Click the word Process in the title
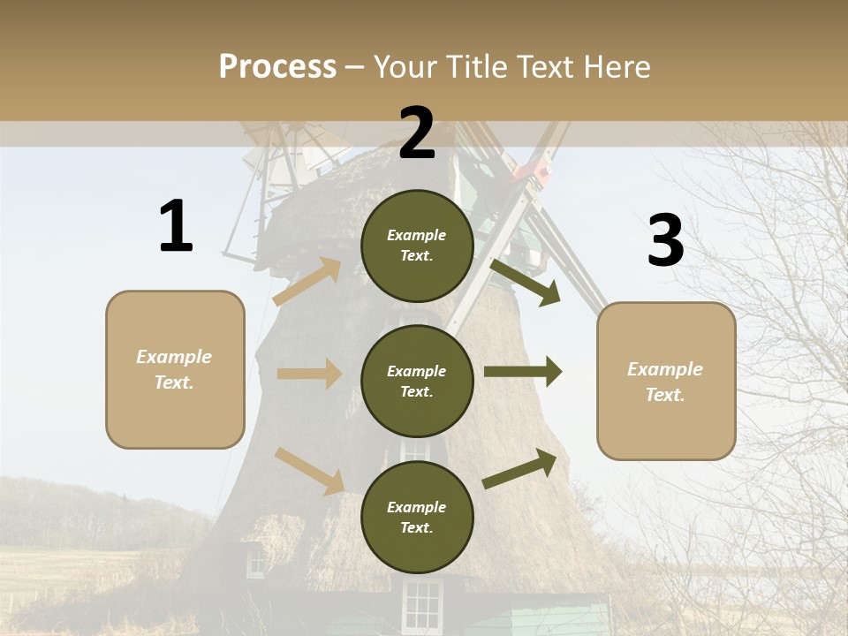pos(277,67)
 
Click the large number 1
pos(176,227)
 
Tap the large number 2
pos(417,134)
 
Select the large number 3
pos(665,241)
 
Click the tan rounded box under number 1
pos(175,369)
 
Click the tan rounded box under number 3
pos(666,381)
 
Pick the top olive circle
pos(417,246)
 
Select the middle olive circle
pos(417,381)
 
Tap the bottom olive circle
pos(417,517)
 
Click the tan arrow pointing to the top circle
pos(308,281)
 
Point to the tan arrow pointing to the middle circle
pos(309,374)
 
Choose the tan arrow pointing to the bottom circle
pos(310,471)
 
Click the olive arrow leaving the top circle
pos(525,282)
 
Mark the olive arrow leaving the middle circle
pos(522,372)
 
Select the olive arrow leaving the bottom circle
pos(520,468)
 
